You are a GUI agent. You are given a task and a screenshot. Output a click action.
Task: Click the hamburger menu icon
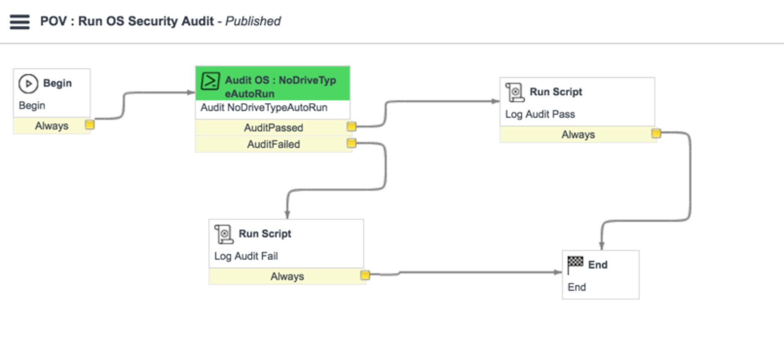[20, 22]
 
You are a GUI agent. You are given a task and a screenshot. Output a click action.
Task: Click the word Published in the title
[253, 21]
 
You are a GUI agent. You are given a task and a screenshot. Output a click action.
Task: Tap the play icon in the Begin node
[28, 84]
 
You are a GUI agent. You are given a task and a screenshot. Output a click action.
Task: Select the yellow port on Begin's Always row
[89, 124]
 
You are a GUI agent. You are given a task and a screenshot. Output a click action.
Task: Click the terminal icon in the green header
[210, 81]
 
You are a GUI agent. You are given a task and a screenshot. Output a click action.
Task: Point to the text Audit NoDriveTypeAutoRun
[264, 107]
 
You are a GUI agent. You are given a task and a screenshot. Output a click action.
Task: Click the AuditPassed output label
[274, 128]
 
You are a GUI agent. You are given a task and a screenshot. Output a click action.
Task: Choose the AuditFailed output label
[274, 144]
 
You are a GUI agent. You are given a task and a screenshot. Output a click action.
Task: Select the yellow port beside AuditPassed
[351, 127]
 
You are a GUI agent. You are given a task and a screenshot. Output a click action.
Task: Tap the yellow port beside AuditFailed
[351, 143]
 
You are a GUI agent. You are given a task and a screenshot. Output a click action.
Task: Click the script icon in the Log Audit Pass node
[514, 92]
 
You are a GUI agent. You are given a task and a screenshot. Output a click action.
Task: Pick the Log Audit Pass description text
[540, 114]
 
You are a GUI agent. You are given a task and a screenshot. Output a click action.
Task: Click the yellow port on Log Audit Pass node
[656, 133]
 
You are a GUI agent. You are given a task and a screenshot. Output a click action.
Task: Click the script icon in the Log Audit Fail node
[224, 234]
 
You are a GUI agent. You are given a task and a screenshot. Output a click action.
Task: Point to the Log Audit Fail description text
[246, 256]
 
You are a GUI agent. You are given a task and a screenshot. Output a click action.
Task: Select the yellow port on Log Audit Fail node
[365, 275]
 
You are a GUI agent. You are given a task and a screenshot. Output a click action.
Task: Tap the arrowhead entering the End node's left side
[558, 272]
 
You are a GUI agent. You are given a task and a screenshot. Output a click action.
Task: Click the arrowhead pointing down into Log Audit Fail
[287, 215]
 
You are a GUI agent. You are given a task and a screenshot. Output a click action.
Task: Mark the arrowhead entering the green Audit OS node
[191, 93]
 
